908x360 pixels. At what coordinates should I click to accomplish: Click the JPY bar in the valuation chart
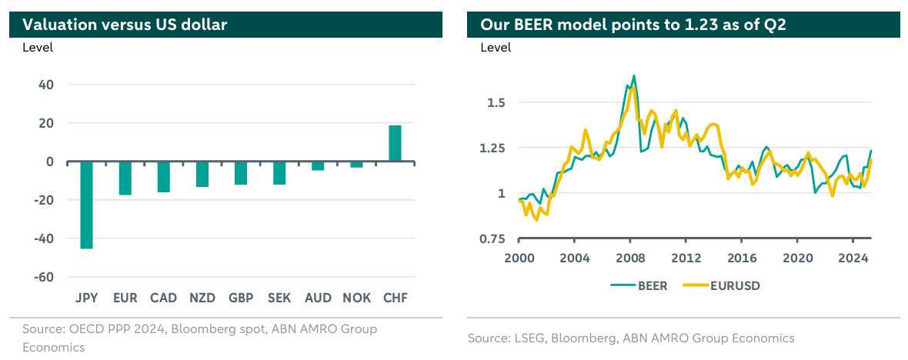pos(86,205)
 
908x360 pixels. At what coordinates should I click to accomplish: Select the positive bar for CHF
pos(395,144)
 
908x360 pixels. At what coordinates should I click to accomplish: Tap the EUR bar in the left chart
pos(125,178)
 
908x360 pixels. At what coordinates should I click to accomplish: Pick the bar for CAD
pos(163,176)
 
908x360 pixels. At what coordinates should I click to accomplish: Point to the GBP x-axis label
pos(240,298)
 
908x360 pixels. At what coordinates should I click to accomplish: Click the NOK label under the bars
pos(356,298)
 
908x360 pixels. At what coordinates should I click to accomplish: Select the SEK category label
pos(279,298)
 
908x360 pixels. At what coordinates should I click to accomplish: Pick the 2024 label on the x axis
pos(853,258)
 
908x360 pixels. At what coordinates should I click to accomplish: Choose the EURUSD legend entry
pos(729,285)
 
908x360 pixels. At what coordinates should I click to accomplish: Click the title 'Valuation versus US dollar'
pos(125,25)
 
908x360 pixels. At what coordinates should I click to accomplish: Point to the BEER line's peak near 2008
pos(633,75)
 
